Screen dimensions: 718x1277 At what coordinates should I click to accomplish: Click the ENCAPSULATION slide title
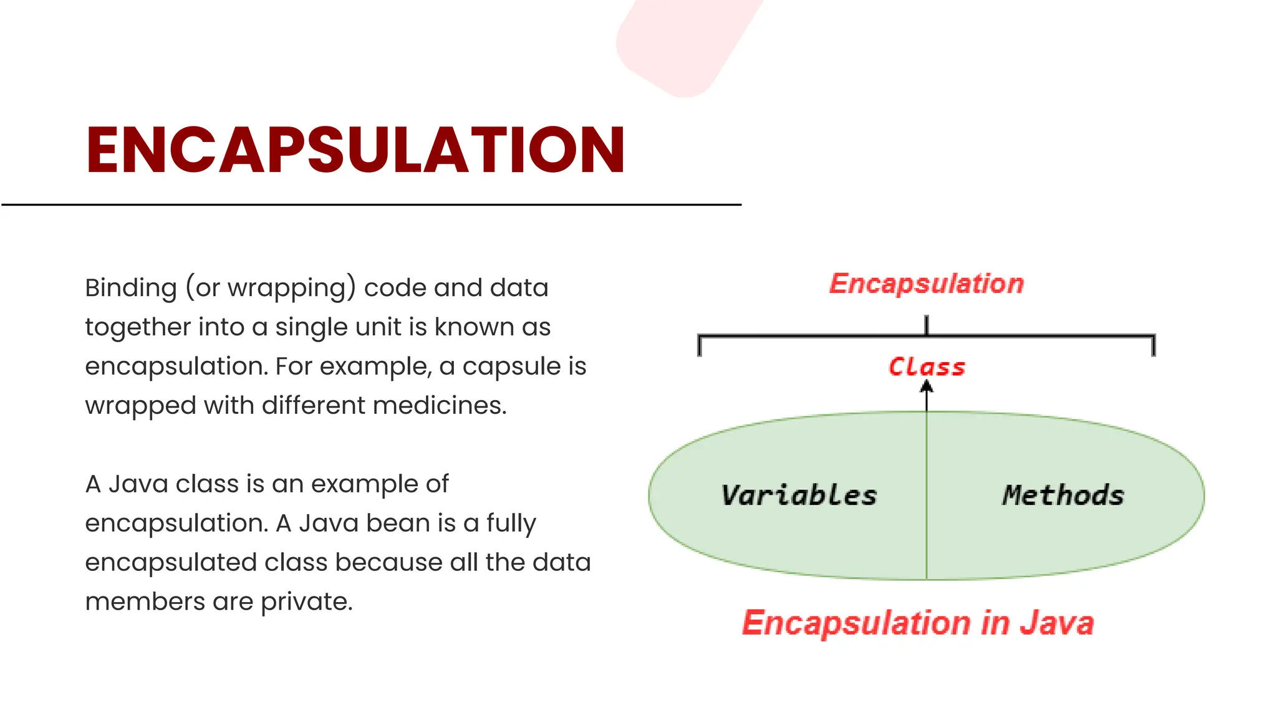tap(355, 150)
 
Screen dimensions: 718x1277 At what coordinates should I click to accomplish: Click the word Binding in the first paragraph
tap(131, 288)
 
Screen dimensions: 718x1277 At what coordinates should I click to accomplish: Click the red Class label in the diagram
tap(927, 367)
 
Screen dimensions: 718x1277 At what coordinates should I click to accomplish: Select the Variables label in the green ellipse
tap(799, 495)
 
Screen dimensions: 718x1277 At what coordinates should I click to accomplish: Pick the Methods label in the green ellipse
tap(1063, 495)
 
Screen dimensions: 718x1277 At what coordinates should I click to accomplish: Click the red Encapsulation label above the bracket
tap(927, 284)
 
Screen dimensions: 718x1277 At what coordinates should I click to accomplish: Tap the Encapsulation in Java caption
tap(918, 623)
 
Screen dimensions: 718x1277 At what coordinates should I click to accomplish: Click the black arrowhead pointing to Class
tap(927, 387)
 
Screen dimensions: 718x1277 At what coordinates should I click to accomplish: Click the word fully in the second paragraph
tap(511, 524)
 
